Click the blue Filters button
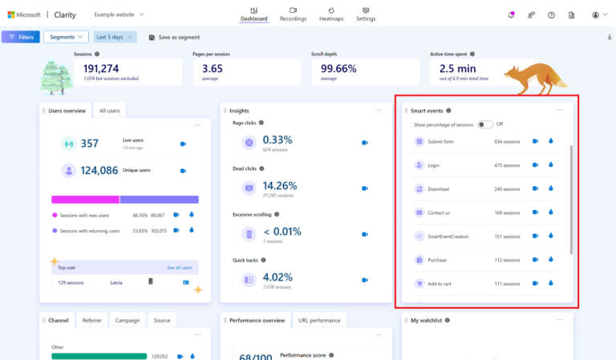pyautogui.click(x=21, y=37)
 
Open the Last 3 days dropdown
pyautogui.click(x=115, y=37)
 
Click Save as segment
pyautogui.click(x=175, y=37)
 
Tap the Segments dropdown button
pyautogui.click(x=66, y=37)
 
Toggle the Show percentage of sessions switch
pyautogui.click(x=484, y=124)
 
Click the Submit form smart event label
pyautogui.click(x=440, y=142)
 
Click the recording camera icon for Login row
pyautogui.click(x=535, y=165)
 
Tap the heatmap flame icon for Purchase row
pyautogui.click(x=551, y=260)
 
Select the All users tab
pyautogui.click(x=109, y=111)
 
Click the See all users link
pyautogui.click(x=179, y=267)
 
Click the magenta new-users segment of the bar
pyautogui.click(x=85, y=199)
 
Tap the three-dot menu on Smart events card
pyautogui.click(x=560, y=111)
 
